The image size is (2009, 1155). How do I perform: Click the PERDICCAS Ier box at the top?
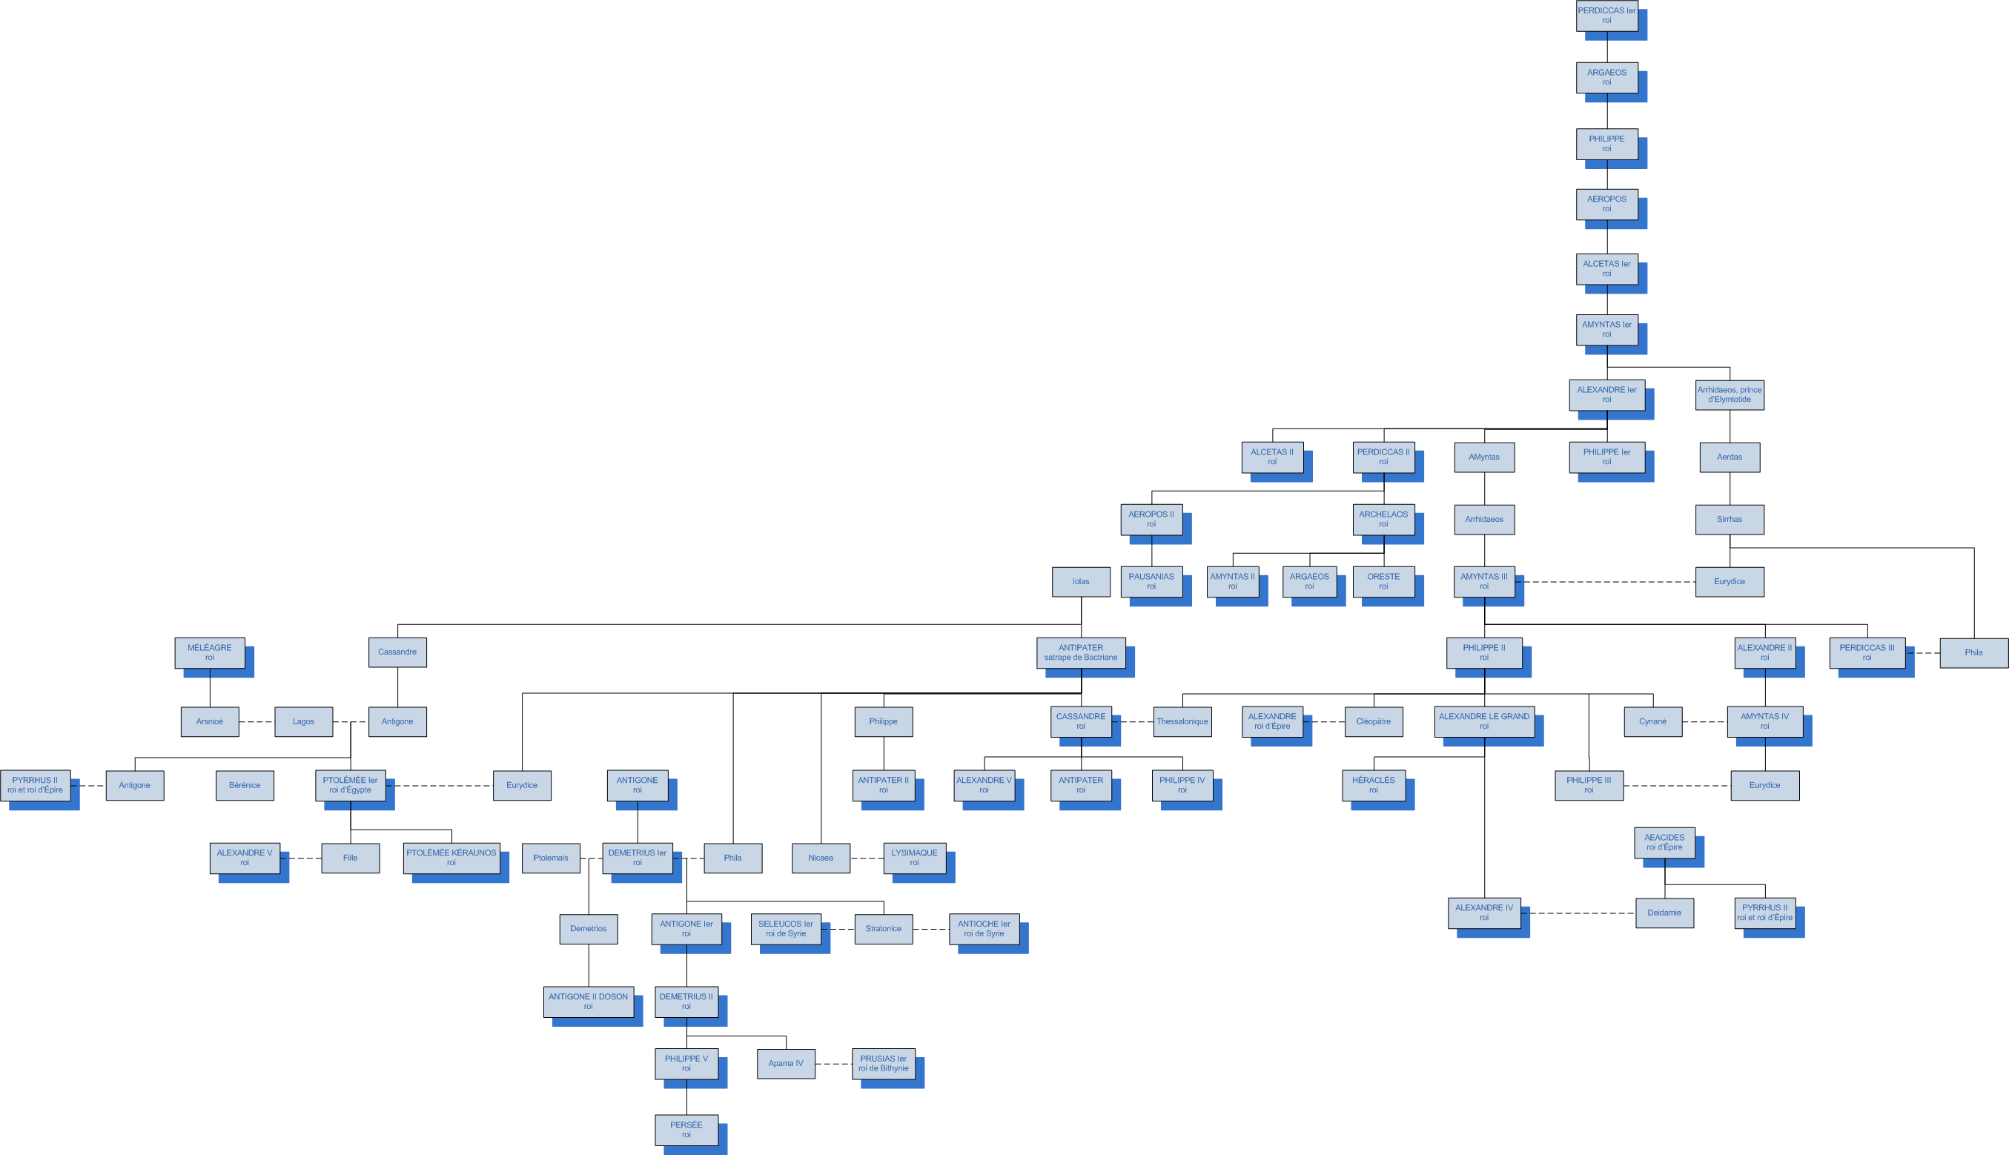coord(1606,16)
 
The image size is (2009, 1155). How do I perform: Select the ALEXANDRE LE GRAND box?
coord(1483,721)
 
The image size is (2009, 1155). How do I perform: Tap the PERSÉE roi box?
coord(686,1130)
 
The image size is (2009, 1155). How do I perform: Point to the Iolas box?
coord(1080,581)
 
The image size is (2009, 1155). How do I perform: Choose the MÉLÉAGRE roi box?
coord(209,652)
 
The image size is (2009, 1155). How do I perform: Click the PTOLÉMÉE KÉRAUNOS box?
coord(451,858)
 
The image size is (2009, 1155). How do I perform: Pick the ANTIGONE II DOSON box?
coord(588,1001)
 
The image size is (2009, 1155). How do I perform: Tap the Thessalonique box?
coord(1182,721)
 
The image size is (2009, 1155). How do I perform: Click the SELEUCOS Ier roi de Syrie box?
coord(785,928)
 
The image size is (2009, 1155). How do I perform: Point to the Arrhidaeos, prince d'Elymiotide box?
coord(1729,394)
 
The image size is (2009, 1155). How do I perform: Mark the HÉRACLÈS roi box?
coord(1373,784)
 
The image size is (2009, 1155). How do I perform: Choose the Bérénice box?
coord(245,785)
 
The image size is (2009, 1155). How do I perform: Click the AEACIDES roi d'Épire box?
coord(1664,841)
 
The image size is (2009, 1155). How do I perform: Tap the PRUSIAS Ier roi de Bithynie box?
coord(883,1063)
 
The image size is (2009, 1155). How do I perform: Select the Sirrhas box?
coord(1729,520)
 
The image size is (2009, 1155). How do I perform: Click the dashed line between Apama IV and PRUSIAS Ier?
coord(833,1064)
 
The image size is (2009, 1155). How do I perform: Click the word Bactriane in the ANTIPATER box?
coord(1099,658)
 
